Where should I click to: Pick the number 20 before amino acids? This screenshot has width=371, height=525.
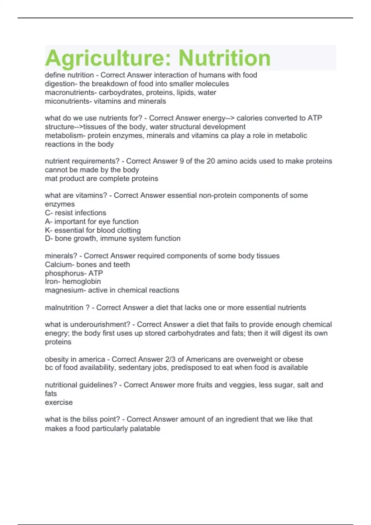pyautogui.click(x=211, y=161)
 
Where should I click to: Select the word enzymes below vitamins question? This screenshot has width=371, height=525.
pyautogui.click(x=60, y=204)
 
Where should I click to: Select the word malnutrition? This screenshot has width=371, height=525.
pyautogui.click(x=64, y=307)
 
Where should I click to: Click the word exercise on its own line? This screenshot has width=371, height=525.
pyautogui.click(x=59, y=402)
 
